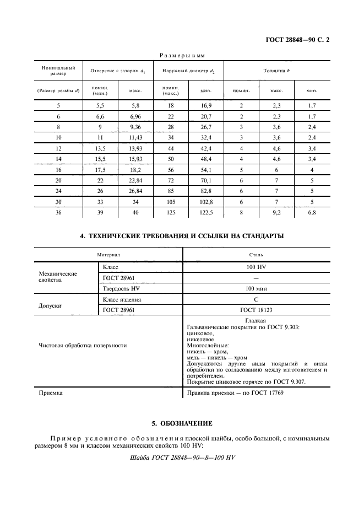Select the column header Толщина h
coord(278,71)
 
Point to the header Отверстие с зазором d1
coord(114,71)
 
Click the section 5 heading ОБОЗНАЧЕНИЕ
coord(182,423)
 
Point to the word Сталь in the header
coord(256,255)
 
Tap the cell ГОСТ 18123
coord(256,310)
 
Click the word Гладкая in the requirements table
coord(256,321)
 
